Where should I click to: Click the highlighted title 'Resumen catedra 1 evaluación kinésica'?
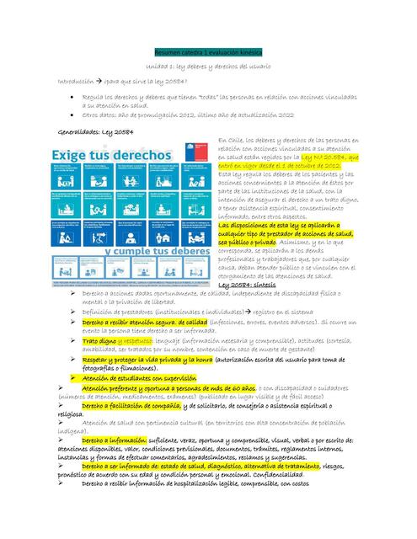tap(207, 51)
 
